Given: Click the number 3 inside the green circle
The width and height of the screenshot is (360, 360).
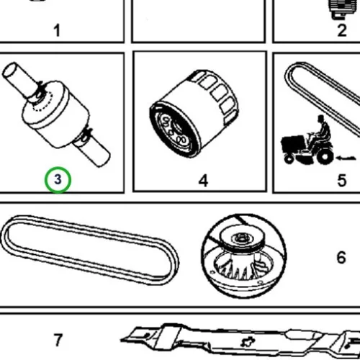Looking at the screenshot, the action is pos(58,179).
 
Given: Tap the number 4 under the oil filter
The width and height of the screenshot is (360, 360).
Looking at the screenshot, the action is pos(203,181).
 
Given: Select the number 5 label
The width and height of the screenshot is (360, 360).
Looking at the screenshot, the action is pos(342,181).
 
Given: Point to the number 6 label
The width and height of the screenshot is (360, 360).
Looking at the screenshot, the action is pos(341,258).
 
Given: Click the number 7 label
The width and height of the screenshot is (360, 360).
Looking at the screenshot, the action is pos(58,340).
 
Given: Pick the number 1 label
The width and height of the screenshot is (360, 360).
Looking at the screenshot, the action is pos(57,31).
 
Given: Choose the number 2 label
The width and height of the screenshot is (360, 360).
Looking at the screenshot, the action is pos(342,31).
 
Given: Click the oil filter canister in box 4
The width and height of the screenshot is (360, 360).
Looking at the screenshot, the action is pos(194,113).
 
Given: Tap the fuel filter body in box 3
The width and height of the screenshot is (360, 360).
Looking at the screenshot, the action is pos(55,114).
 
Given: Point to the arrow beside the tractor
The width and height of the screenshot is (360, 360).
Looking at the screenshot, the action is pos(346,158).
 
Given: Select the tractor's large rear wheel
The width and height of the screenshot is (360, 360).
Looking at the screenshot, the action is pos(325,156).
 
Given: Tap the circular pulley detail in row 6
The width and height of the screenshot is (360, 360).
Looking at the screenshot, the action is pos(243,256).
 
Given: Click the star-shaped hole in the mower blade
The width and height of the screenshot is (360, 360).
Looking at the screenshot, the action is pos(248,342).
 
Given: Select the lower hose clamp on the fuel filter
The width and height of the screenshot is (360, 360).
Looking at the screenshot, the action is pos(86,135).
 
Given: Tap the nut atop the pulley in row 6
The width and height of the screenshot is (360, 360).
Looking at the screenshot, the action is pos(240,238).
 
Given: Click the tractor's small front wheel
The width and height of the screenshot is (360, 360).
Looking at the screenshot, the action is pos(289,159).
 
